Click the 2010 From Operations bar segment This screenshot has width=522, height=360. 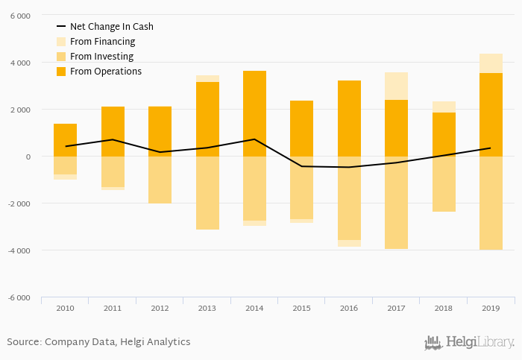[x=65, y=140]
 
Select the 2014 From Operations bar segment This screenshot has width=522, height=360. [x=254, y=113]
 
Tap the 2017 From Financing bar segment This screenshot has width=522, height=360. [x=396, y=86]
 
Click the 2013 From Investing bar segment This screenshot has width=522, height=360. [x=207, y=193]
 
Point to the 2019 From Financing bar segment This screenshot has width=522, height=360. [x=491, y=63]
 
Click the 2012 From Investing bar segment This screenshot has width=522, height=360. [x=160, y=180]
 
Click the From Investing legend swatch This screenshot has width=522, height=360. [x=61, y=57]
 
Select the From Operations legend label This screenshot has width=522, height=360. [x=105, y=72]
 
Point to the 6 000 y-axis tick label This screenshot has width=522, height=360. [x=21, y=16]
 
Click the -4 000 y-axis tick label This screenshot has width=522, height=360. [x=19, y=250]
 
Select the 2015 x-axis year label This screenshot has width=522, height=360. [x=302, y=307]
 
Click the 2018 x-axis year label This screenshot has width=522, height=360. [x=444, y=307]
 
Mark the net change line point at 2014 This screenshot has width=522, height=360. [x=254, y=139]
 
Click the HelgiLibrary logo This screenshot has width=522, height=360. [x=469, y=343]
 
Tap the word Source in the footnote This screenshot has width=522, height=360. [x=24, y=342]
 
